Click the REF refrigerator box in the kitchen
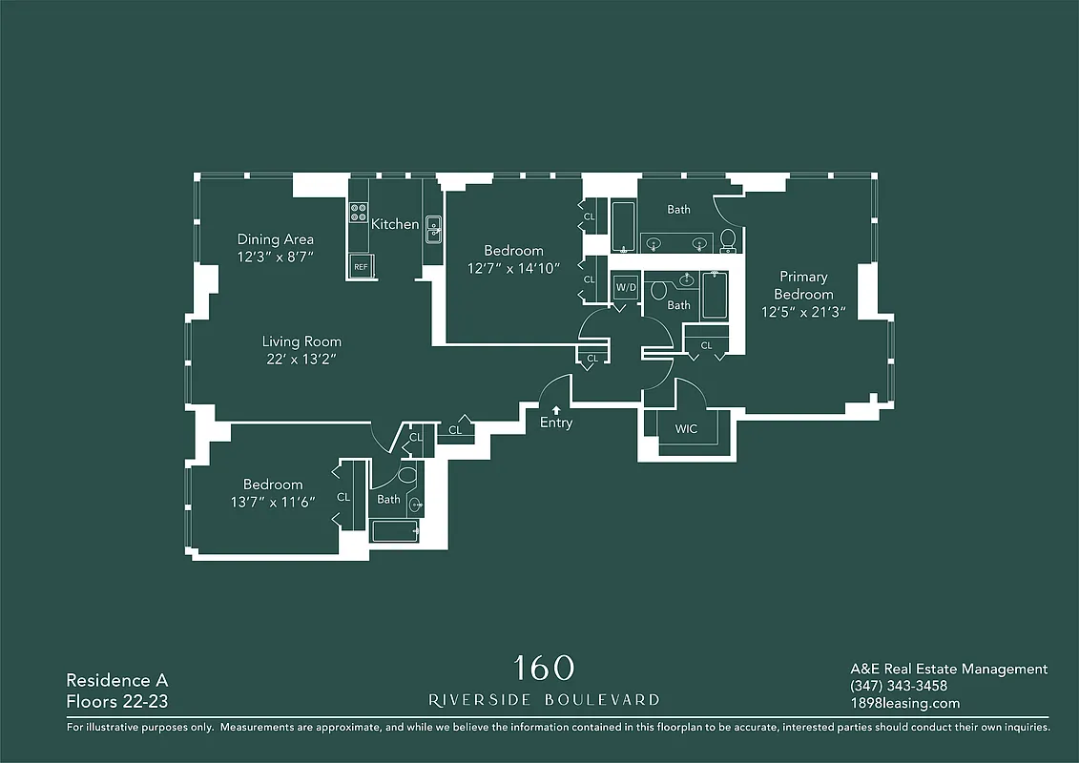click(x=361, y=267)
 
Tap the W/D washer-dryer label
click(x=626, y=287)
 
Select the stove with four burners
click(x=359, y=213)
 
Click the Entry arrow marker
click(x=556, y=409)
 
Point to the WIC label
click(x=686, y=429)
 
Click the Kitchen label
click(x=395, y=224)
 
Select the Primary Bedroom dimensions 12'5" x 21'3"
click(x=803, y=311)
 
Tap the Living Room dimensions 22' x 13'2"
click(x=301, y=359)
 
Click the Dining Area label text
click(x=276, y=239)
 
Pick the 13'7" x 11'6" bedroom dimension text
click(x=272, y=502)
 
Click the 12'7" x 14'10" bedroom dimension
click(x=514, y=268)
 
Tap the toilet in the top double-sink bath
click(x=728, y=238)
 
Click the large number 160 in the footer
click(x=544, y=667)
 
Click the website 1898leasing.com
click(x=904, y=704)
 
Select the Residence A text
click(x=116, y=681)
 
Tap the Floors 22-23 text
click(x=117, y=704)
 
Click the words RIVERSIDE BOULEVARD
click(x=544, y=700)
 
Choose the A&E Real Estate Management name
click(x=948, y=670)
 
